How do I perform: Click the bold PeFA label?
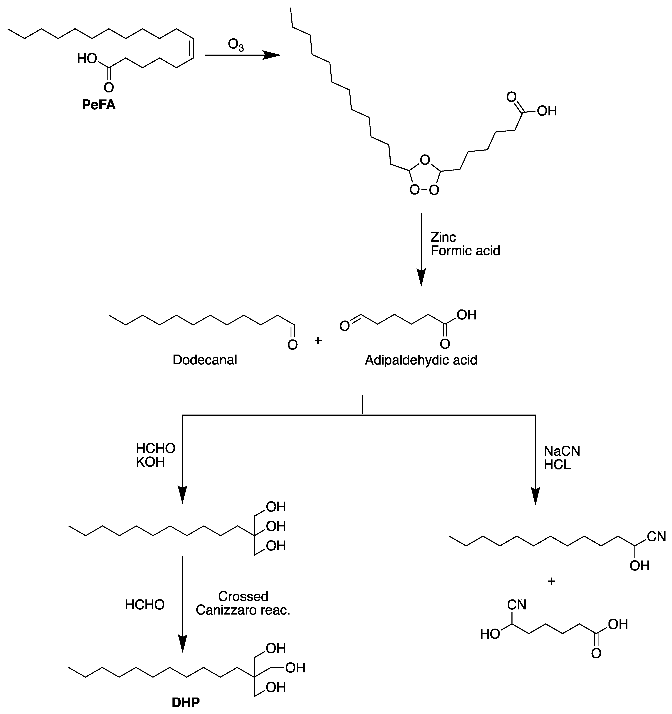click(99, 105)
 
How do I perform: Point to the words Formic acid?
click(465, 251)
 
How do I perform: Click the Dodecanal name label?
click(205, 360)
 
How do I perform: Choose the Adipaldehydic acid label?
click(421, 360)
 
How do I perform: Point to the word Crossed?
click(243, 597)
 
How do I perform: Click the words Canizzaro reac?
click(243, 610)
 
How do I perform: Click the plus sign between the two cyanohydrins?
click(551, 581)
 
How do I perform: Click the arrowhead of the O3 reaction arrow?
click(272, 55)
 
